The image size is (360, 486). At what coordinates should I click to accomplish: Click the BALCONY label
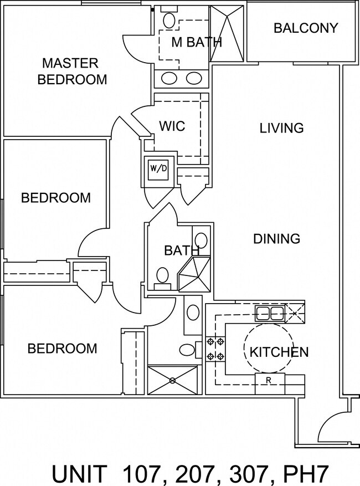tap(306, 28)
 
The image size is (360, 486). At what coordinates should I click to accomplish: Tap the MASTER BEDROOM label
tap(72, 71)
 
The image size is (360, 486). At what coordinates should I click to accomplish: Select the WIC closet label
tap(172, 126)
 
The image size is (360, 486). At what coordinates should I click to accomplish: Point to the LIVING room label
tap(281, 128)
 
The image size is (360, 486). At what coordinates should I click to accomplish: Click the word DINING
tap(277, 239)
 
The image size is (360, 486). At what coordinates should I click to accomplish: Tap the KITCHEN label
tap(279, 352)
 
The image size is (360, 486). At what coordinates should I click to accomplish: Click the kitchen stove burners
tap(215, 349)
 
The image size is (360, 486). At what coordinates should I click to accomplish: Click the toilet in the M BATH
tap(169, 19)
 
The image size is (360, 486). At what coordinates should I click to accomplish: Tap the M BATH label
tap(197, 42)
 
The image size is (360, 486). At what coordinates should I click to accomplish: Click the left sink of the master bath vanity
tap(169, 79)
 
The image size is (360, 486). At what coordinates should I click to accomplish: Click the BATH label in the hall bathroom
tap(181, 250)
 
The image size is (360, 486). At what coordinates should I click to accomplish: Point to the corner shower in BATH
tap(194, 274)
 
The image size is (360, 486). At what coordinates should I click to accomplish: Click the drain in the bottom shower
tap(173, 380)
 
